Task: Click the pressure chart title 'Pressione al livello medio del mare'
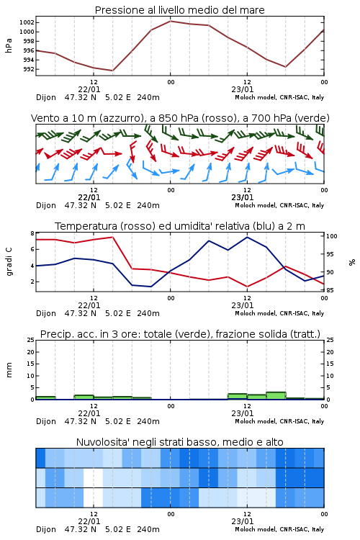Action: [179, 10]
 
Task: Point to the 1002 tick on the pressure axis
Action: [27, 23]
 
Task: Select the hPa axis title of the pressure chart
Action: [9, 45]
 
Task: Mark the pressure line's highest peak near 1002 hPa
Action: [170, 21]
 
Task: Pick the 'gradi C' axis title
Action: [9, 262]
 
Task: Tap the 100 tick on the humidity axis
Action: [331, 236]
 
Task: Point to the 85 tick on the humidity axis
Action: [330, 290]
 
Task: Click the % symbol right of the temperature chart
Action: [352, 262]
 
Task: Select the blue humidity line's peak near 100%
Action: [247, 237]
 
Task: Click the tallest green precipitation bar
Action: [276, 396]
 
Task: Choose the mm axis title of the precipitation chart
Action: [9, 369]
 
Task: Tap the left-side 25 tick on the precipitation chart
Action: [30, 340]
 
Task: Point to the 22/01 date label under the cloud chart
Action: [89, 521]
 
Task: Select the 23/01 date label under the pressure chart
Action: [242, 89]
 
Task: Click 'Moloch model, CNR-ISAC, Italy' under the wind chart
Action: [279, 205]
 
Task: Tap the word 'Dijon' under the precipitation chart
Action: [46, 421]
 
